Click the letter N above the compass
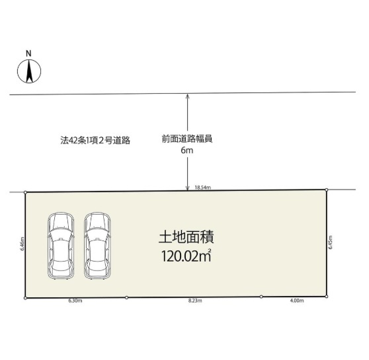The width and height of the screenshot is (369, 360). tap(28, 54)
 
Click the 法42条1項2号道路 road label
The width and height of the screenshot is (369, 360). tap(95, 141)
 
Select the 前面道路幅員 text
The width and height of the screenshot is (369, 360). tap(187, 139)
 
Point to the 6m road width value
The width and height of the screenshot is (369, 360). tap(187, 150)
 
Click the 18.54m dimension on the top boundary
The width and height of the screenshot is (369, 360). tap(202, 188)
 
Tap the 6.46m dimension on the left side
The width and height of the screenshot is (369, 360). tap(22, 243)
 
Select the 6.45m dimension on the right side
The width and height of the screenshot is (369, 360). tap(331, 242)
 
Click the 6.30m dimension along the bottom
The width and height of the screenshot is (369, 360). tap(75, 301)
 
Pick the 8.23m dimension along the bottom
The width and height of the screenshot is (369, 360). tap(195, 301)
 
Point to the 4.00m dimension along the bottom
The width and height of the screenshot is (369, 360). tap(297, 301)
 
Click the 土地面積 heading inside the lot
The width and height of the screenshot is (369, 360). tap(186, 238)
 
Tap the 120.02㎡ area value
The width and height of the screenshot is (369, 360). tap(186, 256)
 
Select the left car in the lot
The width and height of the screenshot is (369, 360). tap(61, 246)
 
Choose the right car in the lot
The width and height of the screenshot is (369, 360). tap(97, 246)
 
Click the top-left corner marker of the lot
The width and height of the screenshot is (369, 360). tap(26, 193)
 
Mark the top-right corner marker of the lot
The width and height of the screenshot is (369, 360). tap(327, 190)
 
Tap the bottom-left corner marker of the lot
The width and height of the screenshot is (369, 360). tap(25, 298)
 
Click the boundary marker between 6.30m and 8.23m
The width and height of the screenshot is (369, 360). tap(126, 298)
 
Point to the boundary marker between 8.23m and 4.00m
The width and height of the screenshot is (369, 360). tap(261, 297)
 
